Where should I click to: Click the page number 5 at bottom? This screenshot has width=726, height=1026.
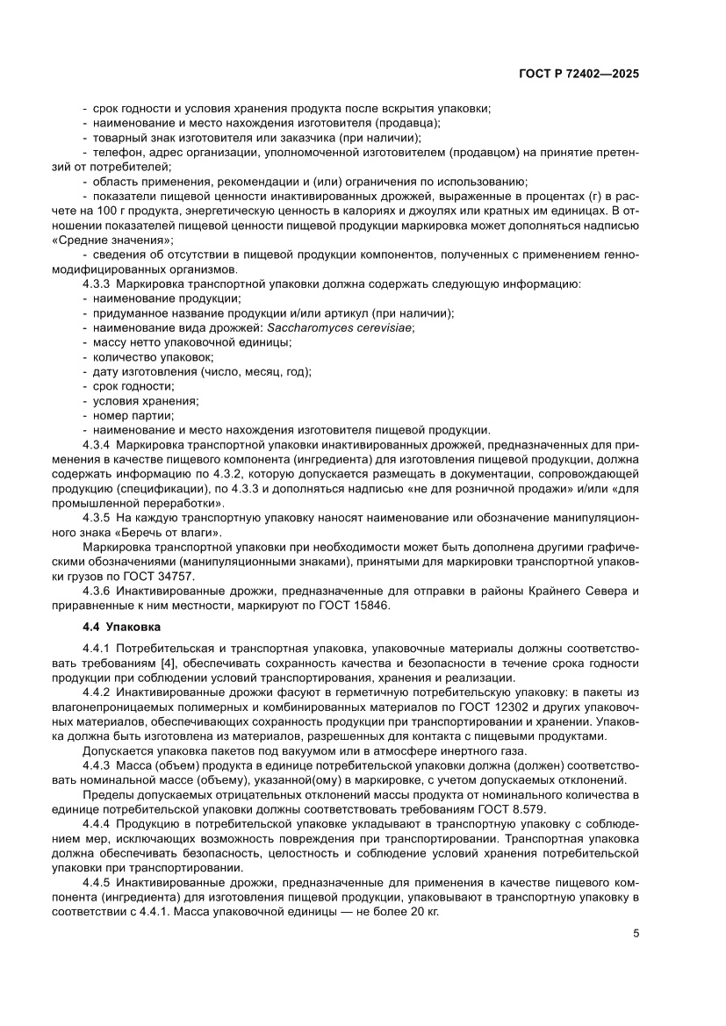(x=636, y=933)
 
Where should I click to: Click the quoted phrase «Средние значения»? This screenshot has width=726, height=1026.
(x=111, y=240)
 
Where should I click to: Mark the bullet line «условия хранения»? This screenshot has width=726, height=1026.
(x=146, y=401)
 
